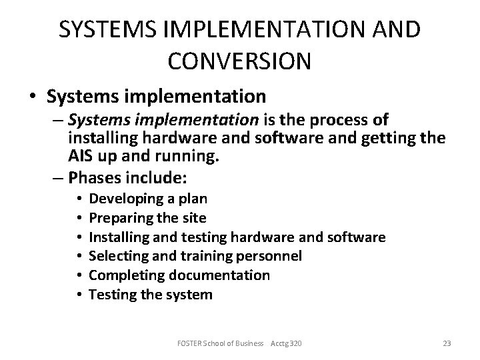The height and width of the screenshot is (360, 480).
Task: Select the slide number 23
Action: click(x=447, y=343)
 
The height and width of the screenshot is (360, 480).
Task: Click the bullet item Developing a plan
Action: click(x=147, y=198)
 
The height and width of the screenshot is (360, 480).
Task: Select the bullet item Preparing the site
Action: click(x=147, y=217)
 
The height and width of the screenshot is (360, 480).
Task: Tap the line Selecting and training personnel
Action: click(x=195, y=256)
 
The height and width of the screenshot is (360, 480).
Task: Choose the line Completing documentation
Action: click(x=179, y=275)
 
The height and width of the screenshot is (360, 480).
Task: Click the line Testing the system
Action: click(x=151, y=295)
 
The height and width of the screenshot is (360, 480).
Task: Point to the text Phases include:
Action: click(x=129, y=179)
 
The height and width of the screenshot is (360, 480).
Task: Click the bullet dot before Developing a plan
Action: click(x=79, y=199)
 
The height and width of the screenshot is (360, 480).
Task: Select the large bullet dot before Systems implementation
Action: click(x=33, y=97)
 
